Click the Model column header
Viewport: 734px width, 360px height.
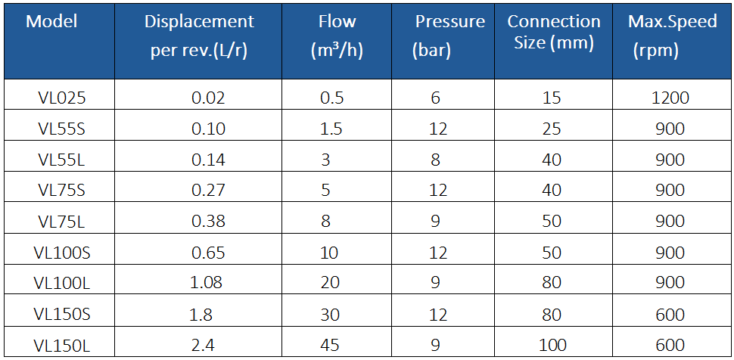click(x=51, y=21)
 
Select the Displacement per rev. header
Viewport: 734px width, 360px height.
click(x=199, y=36)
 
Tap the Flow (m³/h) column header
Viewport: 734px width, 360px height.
click(x=337, y=36)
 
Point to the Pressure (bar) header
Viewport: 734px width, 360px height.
click(x=449, y=36)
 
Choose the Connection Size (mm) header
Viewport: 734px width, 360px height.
click(x=554, y=32)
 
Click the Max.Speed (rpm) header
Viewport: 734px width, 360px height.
click(x=672, y=36)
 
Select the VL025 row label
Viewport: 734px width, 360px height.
click(x=62, y=98)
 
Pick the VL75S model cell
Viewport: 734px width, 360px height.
click(x=62, y=190)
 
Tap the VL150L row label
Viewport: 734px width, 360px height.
click(x=62, y=345)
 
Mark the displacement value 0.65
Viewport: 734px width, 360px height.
click(x=208, y=253)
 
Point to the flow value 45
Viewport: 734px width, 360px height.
click(x=330, y=345)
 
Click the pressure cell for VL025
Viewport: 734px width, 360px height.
click(x=435, y=98)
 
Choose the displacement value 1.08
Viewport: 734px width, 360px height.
click(x=207, y=283)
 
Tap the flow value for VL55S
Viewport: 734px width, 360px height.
click(x=332, y=129)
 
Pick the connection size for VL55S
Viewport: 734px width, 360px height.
click(x=552, y=129)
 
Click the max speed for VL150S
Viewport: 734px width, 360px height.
click(x=670, y=315)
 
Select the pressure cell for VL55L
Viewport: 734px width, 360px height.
click(x=435, y=160)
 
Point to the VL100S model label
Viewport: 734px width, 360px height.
click(x=62, y=253)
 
